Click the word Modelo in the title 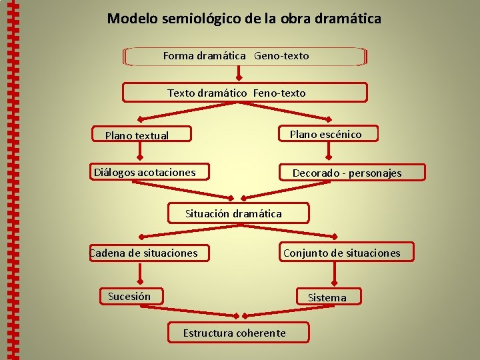[132, 19]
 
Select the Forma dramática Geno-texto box [244, 56]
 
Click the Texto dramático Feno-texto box [244, 93]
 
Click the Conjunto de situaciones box [344, 253]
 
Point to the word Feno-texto [279, 93]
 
